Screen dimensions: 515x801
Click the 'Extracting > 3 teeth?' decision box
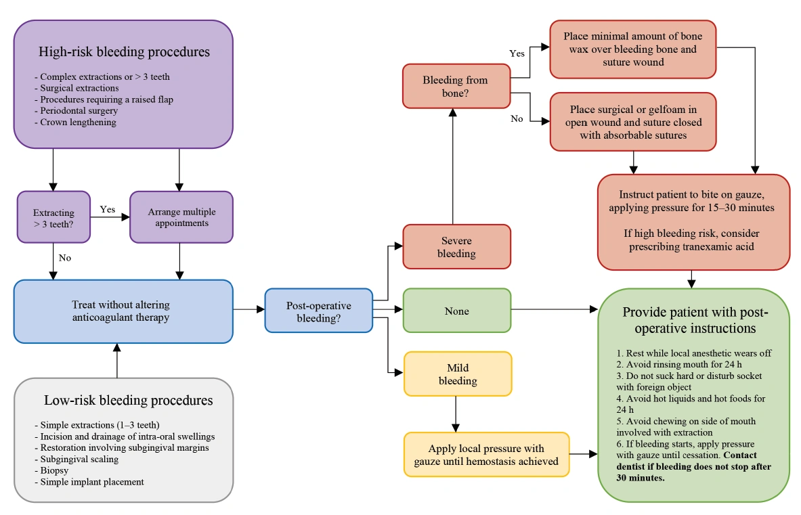53,217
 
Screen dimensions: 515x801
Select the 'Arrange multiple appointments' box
181,217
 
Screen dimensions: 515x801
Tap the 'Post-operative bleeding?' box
318,311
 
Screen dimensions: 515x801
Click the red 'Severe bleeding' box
456,247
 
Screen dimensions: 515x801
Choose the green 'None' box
456,311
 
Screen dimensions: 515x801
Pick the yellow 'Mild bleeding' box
458,374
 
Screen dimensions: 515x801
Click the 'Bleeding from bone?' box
455,86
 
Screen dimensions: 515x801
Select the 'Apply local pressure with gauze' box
486,455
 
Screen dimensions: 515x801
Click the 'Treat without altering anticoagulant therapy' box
123,311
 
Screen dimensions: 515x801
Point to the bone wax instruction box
632,49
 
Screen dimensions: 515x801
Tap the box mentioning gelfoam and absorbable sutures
632,122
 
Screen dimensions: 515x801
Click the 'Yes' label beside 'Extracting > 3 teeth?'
108,209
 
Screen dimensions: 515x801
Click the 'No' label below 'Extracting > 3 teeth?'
64,258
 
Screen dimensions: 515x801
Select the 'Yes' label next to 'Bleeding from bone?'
517,53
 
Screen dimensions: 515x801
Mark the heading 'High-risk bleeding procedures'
124,52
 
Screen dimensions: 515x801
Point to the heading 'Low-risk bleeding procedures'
128,400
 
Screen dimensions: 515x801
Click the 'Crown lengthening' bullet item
78,122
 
